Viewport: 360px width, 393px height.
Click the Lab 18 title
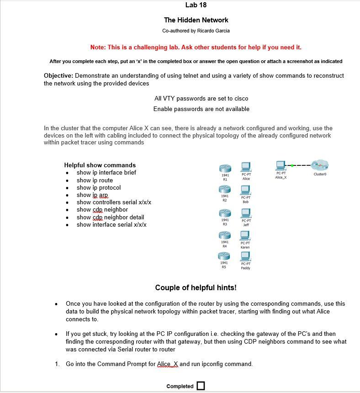(196, 5)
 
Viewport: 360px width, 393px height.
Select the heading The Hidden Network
(196, 20)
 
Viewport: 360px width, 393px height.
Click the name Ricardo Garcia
(213, 31)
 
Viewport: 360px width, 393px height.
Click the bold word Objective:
(58, 75)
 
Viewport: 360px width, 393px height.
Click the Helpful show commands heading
(100, 165)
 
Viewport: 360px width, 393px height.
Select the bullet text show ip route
(95, 180)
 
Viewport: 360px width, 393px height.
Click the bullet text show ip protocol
(99, 187)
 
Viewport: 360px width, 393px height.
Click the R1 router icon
(225, 168)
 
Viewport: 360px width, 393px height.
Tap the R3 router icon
(225, 213)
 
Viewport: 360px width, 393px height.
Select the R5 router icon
(225, 256)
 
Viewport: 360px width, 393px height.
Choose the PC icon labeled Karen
(245, 235)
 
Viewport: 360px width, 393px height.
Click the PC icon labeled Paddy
(245, 256)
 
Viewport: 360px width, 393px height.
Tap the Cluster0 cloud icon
(320, 165)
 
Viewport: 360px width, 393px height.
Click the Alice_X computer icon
(281, 165)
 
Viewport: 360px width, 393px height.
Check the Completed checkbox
(201, 386)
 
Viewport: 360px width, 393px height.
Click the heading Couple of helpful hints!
(196, 287)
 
